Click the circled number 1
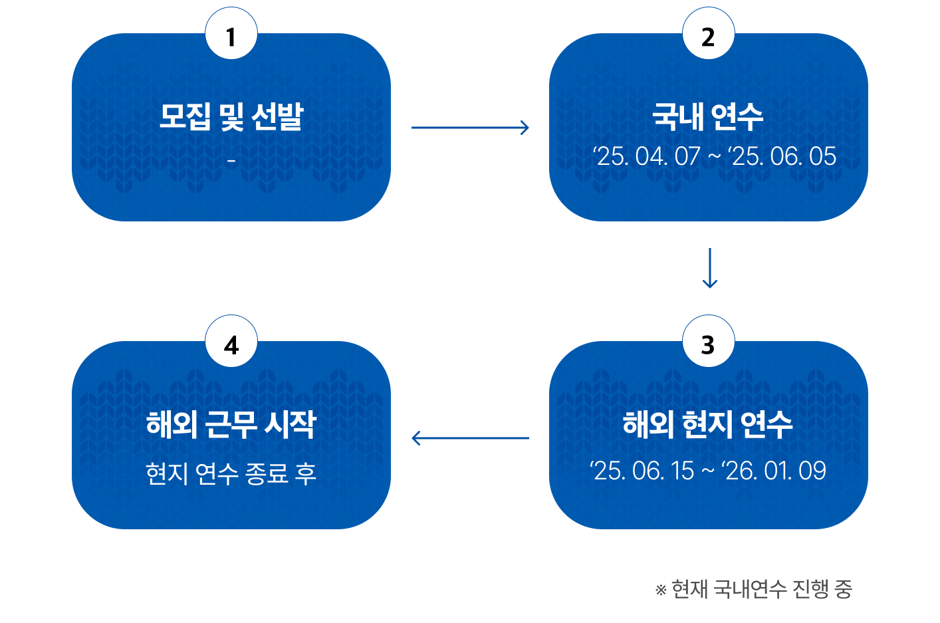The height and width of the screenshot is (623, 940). pos(231,33)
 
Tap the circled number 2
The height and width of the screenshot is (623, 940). pos(709,33)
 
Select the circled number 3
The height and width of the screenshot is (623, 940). pos(709,341)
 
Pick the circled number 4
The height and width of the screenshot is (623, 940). pos(231,341)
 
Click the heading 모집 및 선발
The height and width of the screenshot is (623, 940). pos(231,116)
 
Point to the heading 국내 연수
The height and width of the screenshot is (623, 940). pos(708,116)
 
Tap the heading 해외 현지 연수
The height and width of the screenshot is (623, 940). pos(708,424)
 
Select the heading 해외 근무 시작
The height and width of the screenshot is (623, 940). pos(231,424)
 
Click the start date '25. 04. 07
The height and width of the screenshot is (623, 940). pos(647,156)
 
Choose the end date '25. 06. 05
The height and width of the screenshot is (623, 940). pos(782,156)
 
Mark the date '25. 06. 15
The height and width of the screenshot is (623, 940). pos(642,471)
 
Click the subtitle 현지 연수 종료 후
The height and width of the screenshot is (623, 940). pos(231,473)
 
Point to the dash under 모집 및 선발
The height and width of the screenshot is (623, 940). pos(231,160)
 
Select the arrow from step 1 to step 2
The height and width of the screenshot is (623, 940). pos(470,128)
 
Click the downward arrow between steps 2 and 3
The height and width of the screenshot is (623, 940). pos(709,268)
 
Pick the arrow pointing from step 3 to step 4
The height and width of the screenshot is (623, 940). pos(471,438)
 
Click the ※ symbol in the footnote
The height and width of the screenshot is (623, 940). pos(661,590)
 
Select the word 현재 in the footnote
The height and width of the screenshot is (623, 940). pos(690,589)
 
